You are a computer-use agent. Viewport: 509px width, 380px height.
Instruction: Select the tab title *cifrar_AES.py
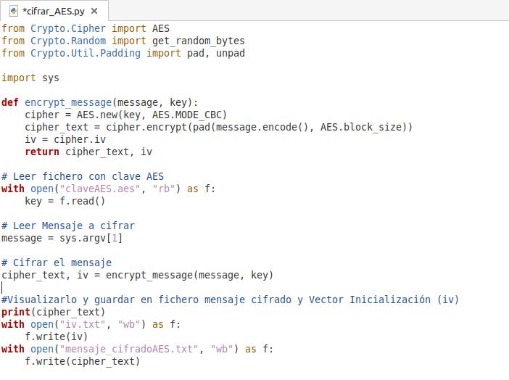[54, 11]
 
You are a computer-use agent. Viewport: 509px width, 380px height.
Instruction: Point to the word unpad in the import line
[231, 53]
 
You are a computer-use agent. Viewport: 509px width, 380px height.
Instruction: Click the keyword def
[10, 102]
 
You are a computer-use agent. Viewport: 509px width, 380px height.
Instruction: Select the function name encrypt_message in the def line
[68, 102]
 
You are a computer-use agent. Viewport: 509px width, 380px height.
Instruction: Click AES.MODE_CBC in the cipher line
[189, 115]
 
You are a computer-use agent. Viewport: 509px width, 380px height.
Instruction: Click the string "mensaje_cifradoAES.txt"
[128, 349]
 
